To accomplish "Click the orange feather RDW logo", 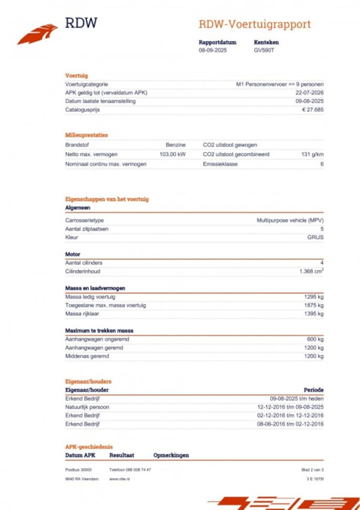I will [x=37, y=34].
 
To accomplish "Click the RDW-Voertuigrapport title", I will [x=254, y=24].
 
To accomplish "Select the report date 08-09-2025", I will [x=213, y=50].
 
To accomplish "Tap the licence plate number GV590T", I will [x=264, y=50].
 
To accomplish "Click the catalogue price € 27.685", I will [x=313, y=110].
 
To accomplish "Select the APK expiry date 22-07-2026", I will [x=310, y=93].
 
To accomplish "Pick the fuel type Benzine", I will [x=176, y=144].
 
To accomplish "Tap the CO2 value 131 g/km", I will [x=312, y=154].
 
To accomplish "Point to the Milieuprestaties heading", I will [x=87, y=135].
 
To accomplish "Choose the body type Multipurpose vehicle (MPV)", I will [x=290, y=220].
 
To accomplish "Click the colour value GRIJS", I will [x=315, y=237].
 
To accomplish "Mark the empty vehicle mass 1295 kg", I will [x=314, y=297].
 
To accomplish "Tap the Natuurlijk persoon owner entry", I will [x=87, y=407].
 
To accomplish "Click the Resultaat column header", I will [x=122, y=455].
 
